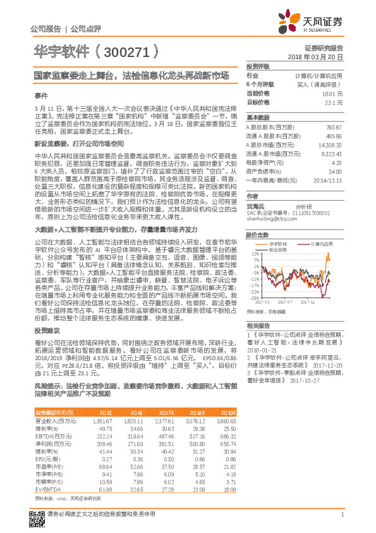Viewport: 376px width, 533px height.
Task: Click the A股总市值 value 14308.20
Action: [331, 145]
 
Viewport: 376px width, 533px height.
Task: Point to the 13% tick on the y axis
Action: [255, 253]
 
